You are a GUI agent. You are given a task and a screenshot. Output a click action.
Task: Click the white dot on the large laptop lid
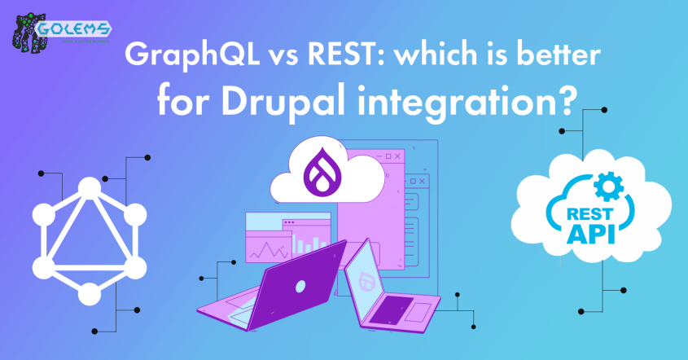coord(300,286)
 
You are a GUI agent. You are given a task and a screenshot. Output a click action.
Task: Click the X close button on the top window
coord(397,156)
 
